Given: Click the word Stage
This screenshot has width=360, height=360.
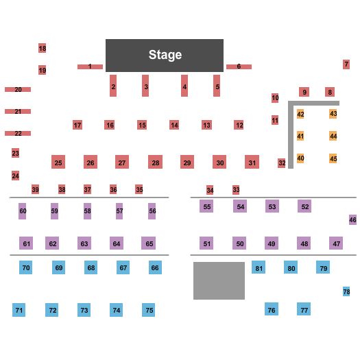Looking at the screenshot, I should (165, 55).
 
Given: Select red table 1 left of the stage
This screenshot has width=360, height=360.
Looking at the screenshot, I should (90, 67).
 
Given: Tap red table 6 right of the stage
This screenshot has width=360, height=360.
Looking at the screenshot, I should (239, 67).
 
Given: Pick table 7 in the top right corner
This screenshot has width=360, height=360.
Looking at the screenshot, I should (346, 64).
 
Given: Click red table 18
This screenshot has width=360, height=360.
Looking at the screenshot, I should (43, 48).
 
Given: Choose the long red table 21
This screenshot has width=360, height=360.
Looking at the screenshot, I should (18, 111).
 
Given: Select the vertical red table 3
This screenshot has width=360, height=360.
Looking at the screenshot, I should (145, 86).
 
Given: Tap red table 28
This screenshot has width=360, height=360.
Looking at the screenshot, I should (156, 162).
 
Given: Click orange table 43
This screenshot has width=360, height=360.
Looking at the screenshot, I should (333, 114).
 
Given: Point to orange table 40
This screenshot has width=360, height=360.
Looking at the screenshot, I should (300, 158).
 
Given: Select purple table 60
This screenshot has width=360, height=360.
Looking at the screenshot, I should (23, 211).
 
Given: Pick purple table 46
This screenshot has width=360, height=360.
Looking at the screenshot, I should (352, 220).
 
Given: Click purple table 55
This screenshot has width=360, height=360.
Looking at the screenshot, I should (206, 206).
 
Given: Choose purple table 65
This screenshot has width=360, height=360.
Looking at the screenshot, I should (149, 243).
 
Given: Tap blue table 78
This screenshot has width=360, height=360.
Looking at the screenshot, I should (346, 291).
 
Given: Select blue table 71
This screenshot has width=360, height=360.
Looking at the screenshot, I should (19, 310).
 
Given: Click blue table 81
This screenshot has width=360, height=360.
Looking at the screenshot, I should (259, 267).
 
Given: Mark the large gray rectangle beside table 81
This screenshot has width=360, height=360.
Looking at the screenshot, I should (219, 280).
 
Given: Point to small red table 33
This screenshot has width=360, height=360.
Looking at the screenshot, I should (236, 190).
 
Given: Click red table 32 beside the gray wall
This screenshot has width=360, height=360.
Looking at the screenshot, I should (282, 163).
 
